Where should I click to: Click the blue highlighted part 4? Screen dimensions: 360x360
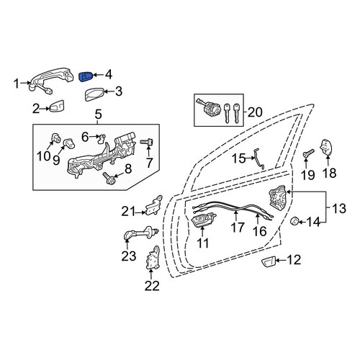(x=86, y=76)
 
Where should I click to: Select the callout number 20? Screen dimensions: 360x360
(x=255, y=112)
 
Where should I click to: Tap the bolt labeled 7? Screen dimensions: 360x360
(x=147, y=143)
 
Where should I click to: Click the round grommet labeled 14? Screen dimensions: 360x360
(x=294, y=220)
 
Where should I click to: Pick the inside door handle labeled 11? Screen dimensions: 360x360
(x=203, y=219)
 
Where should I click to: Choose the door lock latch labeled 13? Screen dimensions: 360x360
(x=278, y=198)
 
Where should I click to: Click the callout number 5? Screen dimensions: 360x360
(x=98, y=114)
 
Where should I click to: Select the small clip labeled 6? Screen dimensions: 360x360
(x=102, y=138)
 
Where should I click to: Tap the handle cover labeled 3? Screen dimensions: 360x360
(x=94, y=94)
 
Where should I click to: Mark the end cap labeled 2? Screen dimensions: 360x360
(x=57, y=106)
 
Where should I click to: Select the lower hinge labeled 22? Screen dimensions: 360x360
(x=152, y=258)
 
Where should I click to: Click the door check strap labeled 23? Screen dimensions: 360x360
(x=141, y=234)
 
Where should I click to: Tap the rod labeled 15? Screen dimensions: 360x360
(x=259, y=158)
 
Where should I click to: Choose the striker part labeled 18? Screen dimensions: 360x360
(x=326, y=148)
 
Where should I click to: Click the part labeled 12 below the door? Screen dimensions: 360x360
(x=269, y=261)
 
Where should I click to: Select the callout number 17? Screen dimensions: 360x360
(x=238, y=227)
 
